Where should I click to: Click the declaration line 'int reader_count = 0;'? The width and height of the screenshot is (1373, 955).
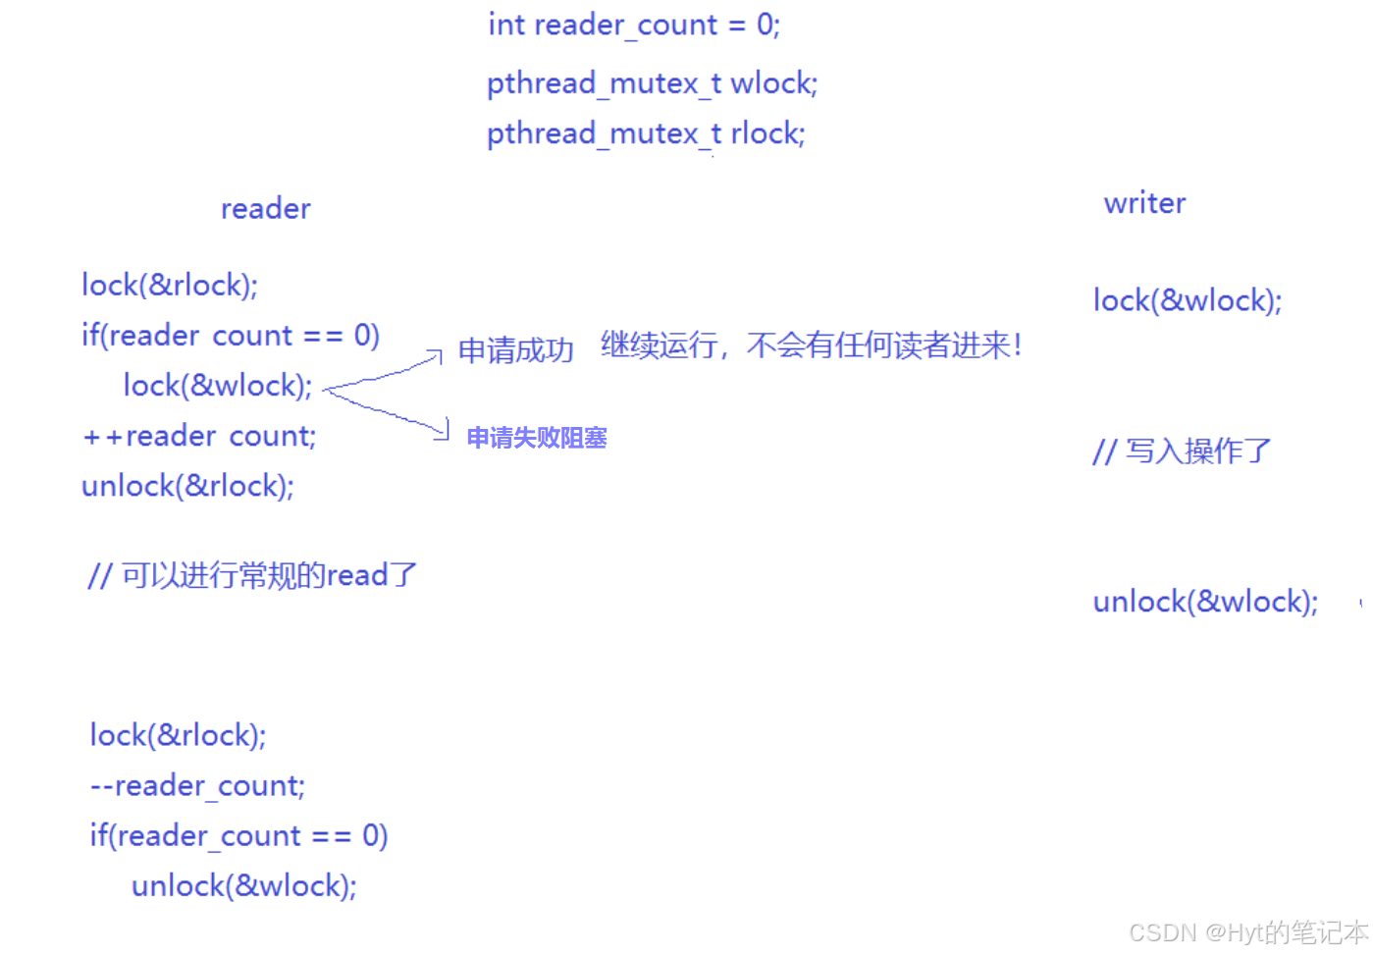(x=634, y=25)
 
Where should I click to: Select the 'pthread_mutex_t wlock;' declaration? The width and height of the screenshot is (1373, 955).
(x=652, y=83)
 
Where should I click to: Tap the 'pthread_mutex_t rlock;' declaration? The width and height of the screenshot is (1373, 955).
(x=646, y=133)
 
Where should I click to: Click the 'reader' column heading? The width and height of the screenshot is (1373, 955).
(x=265, y=208)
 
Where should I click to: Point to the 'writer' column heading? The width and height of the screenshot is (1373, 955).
(x=1144, y=203)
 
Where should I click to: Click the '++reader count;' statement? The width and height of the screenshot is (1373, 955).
(x=199, y=436)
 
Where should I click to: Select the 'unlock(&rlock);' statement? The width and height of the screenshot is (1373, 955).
(x=187, y=486)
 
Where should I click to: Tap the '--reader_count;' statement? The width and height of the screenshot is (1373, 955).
(x=197, y=785)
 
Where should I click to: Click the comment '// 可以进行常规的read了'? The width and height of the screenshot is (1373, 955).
(x=252, y=575)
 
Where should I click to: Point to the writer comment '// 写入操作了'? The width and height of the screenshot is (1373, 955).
(x=1182, y=451)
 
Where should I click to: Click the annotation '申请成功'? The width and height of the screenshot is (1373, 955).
(x=515, y=350)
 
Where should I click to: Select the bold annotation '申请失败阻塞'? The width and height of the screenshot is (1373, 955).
(x=536, y=438)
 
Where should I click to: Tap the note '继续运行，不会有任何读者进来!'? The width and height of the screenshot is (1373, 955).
(x=811, y=345)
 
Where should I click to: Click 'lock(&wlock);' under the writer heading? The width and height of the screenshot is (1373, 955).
(x=1188, y=300)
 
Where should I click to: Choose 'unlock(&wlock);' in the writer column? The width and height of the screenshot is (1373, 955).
(x=1205, y=602)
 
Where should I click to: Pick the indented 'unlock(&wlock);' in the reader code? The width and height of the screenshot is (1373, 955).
(x=243, y=886)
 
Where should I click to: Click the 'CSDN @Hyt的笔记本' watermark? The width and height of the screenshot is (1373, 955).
(x=1247, y=931)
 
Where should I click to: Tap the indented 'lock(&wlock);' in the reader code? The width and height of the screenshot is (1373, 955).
(x=217, y=386)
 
